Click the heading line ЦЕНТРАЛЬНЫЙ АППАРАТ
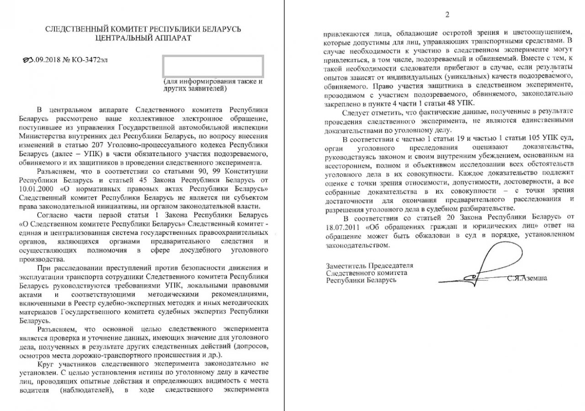coord(143,38)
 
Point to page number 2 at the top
coord(447,14)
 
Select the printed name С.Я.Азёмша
coord(527,278)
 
